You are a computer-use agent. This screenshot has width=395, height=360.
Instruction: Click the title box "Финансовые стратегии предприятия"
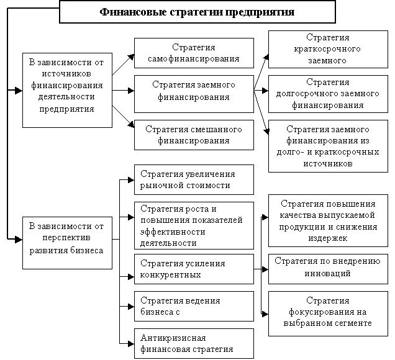[x=197, y=12]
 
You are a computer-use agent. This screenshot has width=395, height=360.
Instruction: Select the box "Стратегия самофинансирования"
[x=194, y=53]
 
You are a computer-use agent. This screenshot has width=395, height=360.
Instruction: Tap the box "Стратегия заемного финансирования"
[x=194, y=94]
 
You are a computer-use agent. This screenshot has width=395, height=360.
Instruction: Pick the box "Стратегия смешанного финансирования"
[x=194, y=135]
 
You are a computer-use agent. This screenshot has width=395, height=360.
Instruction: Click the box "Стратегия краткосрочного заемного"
[x=328, y=49]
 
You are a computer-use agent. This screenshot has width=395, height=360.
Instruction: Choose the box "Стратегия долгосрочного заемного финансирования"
[x=328, y=94]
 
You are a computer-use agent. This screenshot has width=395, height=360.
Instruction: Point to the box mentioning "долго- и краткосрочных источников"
[x=328, y=146]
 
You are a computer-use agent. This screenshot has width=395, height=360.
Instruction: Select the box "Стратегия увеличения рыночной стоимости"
[x=194, y=180]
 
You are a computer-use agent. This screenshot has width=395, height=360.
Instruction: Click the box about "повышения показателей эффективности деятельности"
[x=194, y=225]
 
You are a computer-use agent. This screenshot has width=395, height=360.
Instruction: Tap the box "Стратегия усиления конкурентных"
[x=194, y=269]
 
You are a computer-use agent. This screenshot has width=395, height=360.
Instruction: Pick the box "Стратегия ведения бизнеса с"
[x=194, y=307]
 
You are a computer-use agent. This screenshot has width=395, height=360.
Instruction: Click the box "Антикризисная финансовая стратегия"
[x=194, y=344]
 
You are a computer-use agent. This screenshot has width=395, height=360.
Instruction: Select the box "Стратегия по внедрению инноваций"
[x=328, y=269]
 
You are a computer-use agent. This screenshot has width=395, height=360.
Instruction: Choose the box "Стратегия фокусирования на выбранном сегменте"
[x=328, y=313]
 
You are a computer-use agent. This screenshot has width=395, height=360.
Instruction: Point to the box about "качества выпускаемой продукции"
[x=328, y=220]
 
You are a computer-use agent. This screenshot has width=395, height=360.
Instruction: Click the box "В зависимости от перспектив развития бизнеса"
[x=67, y=243]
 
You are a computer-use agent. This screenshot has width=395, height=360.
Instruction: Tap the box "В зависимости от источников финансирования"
[x=67, y=90]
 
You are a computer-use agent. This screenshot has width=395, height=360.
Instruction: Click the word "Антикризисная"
[x=173, y=338]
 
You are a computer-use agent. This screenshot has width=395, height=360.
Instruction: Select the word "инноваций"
[x=327, y=273]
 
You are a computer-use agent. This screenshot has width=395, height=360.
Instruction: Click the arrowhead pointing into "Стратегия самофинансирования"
[x=131, y=57]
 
